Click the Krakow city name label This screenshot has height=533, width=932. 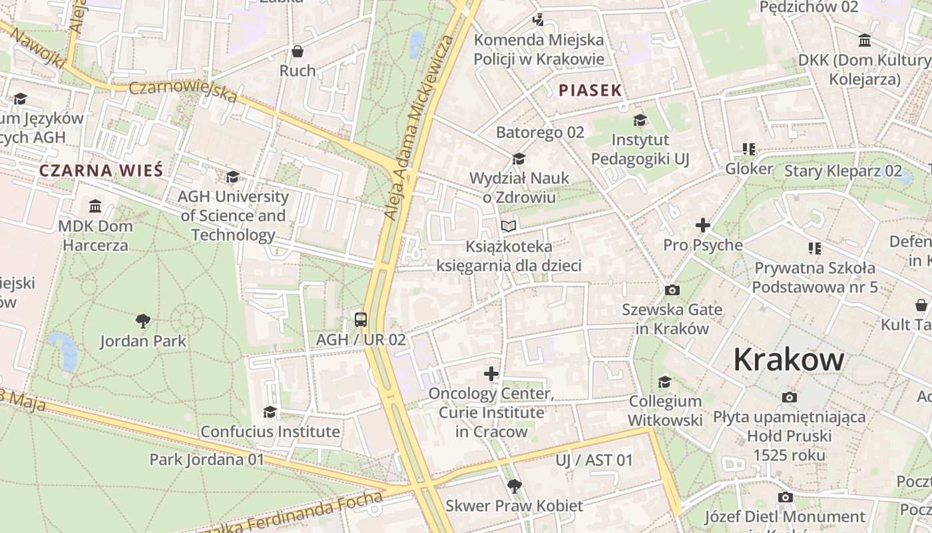pos(788,360)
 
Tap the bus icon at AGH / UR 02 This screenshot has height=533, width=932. pos(360,319)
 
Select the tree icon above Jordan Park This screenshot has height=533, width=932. pos(142,321)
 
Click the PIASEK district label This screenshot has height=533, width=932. pos(590,91)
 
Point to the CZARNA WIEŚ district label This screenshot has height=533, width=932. pos(101,170)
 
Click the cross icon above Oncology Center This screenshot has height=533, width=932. pos(491,374)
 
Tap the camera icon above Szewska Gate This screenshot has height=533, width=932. pos(672,290)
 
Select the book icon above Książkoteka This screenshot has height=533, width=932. pos(509,227)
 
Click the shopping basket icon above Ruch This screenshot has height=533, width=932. pos(298,51)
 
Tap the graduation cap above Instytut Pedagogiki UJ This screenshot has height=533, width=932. pos(640,121)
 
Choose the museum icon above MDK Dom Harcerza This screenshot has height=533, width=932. pos(95,206)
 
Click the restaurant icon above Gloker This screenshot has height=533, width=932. pos(749,149)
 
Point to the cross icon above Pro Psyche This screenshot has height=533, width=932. pos(703,225)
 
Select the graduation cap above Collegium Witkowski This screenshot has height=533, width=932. pos(664,382)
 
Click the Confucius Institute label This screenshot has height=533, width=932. pos(270,431)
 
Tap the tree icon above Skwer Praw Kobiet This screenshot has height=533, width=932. pos(514,486)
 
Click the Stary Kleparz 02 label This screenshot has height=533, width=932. pos(843,171)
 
